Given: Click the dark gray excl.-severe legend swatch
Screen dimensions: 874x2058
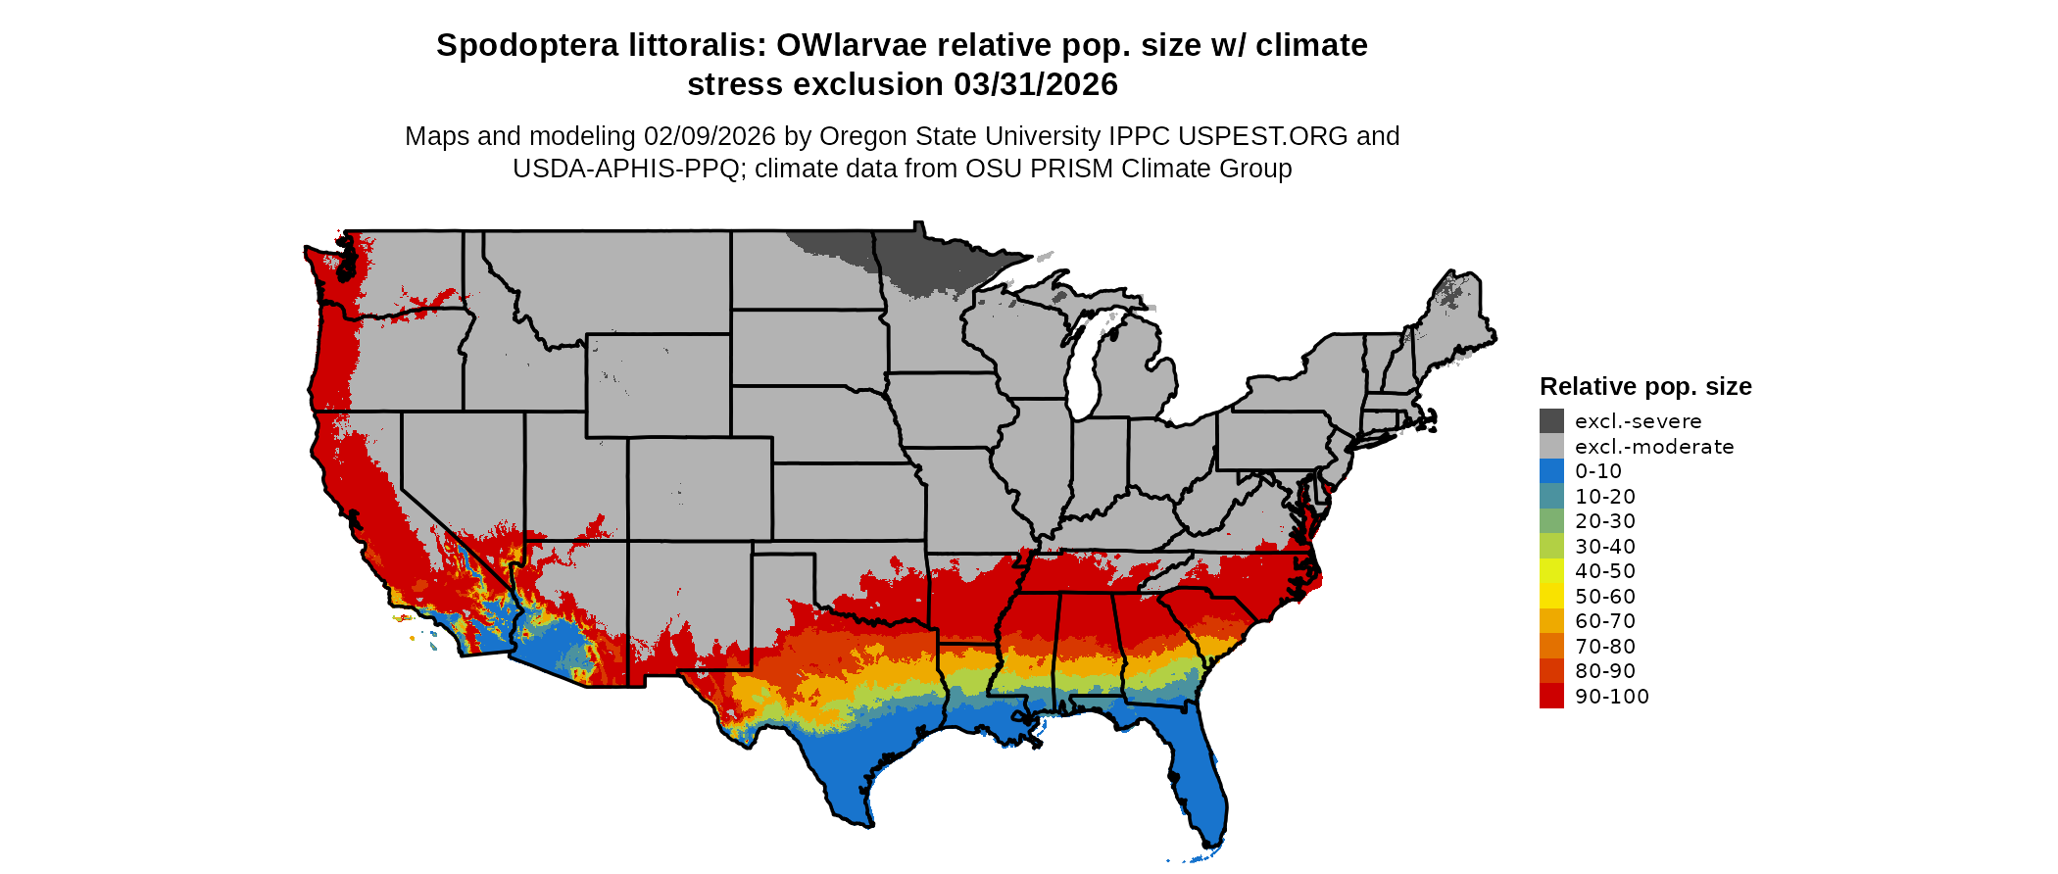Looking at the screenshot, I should click(x=1551, y=421).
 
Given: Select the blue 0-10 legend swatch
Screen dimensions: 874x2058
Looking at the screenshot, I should click(x=1551, y=471).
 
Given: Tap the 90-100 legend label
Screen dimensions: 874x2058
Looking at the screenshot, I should click(x=1611, y=697).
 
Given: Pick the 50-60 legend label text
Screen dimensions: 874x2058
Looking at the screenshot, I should click(x=1604, y=597).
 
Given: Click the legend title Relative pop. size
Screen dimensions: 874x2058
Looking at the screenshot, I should click(x=1645, y=386).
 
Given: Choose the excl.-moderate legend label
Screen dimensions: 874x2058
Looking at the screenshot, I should click(x=1653, y=447).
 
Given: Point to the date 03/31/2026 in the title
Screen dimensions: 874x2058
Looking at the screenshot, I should click(x=1035, y=85).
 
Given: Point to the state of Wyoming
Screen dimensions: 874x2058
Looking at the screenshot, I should click(x=658, y=385).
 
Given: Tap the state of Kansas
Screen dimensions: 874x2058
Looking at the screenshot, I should click(x=848, y=501).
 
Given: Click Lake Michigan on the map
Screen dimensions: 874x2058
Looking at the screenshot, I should click(x=1084, y=372).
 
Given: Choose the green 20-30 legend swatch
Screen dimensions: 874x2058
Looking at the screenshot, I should click(x=1551, y=521).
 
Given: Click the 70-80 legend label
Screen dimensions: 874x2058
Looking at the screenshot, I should click(x=1604, y=647).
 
